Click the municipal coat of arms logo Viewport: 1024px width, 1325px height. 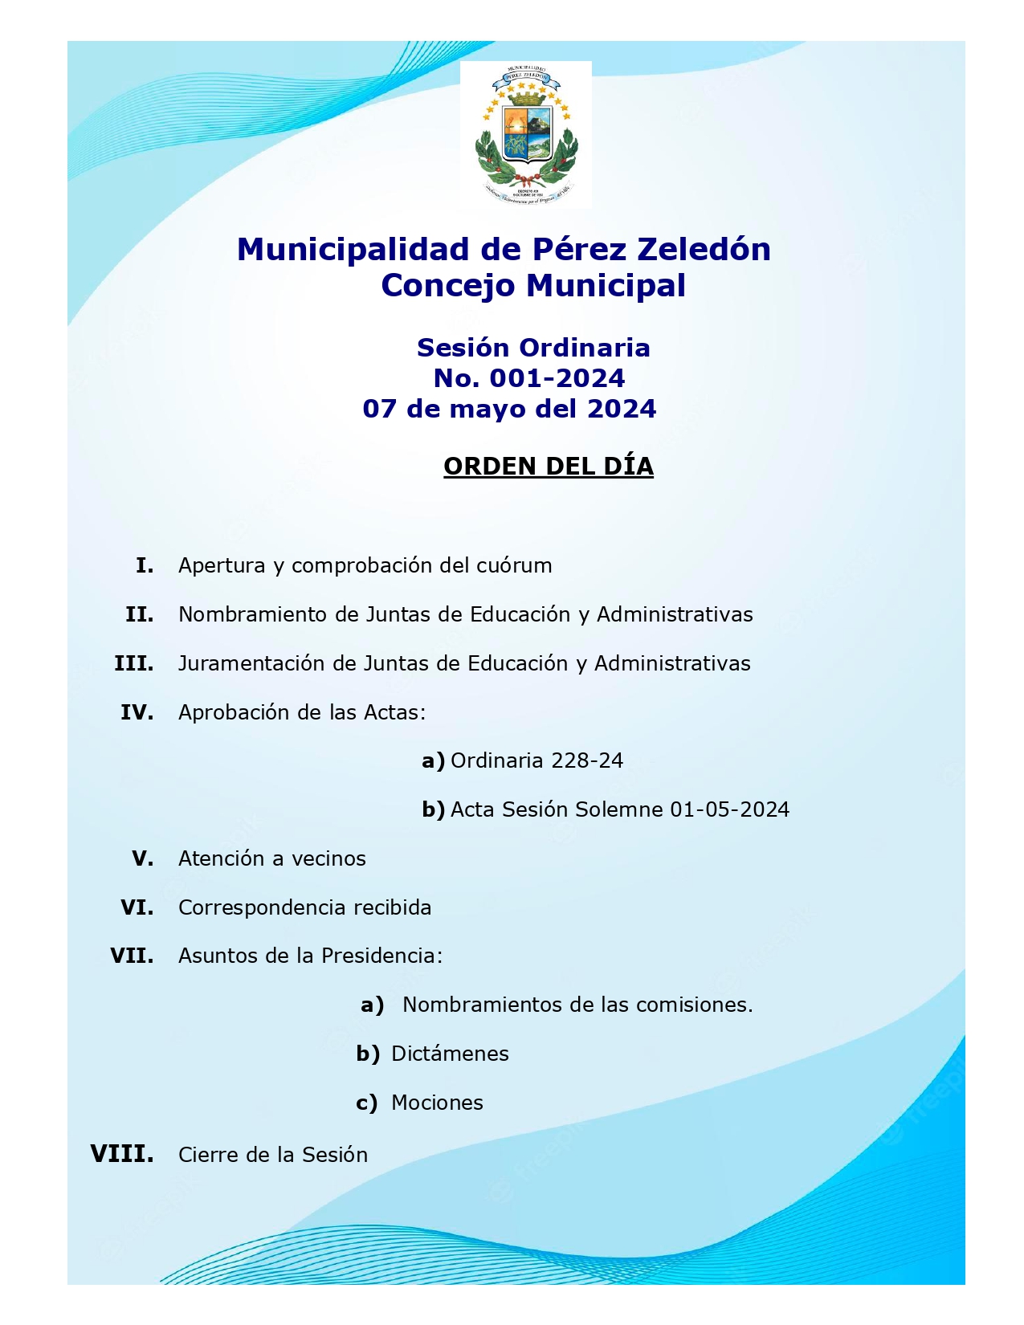(x=525, y=134)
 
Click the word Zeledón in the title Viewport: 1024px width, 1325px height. (x=704, y=250)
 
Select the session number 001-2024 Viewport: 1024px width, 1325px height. (x=557, y=378)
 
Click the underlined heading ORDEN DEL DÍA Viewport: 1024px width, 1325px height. (x=549, y=467)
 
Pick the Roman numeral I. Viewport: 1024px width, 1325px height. (x=145, y=565)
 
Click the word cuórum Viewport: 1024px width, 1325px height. (x=514, y=565)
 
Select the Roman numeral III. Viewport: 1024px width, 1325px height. (x=134, y=663)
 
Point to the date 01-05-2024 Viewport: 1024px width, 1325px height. (x=729, y=809)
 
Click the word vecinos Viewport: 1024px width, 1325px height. (x=328, y=858)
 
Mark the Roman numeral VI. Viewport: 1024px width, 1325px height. (x=137, y=907)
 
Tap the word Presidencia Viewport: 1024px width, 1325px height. (x=381, y=956)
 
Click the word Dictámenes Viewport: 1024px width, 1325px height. (x=450, y=1054)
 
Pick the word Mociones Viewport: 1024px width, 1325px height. (x=437, y=1103)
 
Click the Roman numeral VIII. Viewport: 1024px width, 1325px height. (x=122, y=1154)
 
